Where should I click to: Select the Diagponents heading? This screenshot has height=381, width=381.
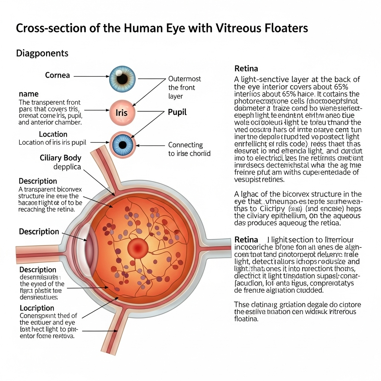pyautogui.click(x=42, y=53)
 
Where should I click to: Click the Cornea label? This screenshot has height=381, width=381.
pyautogui.click(x=57, y=75)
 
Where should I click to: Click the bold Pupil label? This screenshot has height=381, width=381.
pyautogui.click(x=177, y=112)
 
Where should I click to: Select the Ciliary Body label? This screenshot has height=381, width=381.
pyautogui.click(x=60, y=158)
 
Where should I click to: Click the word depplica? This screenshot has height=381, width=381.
pyautogui.click(x=67, y=167)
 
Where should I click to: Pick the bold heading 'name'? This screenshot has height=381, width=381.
pyautogui.click(x=29, y=94)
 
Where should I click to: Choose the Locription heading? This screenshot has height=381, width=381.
pyautogui.click(x=37, y=308)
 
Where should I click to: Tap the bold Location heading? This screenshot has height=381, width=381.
pyautogui.click(x=53, y=134)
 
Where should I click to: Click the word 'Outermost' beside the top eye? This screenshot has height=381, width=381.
pyautogui.click(x=185, y=79)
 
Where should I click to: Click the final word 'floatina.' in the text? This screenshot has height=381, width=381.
pyautogui.click(x=246, y=319)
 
